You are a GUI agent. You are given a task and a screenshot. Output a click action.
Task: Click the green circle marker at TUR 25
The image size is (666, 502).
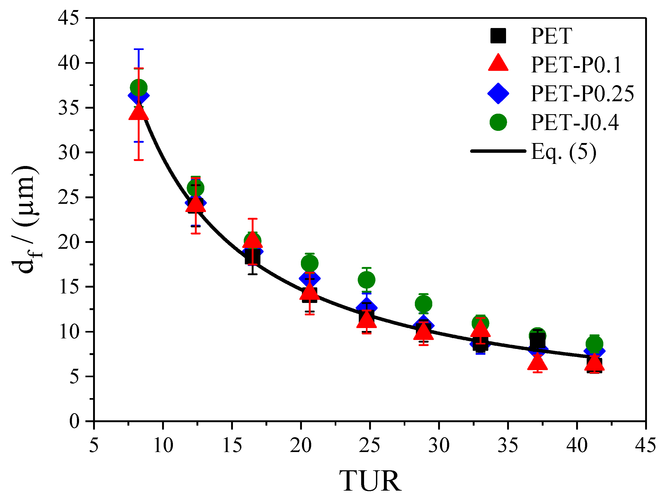(366, 280)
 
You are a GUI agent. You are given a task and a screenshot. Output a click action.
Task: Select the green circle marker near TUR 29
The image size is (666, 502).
(423, 304)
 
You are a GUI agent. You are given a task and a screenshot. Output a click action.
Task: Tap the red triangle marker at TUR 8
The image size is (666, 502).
(139, 112)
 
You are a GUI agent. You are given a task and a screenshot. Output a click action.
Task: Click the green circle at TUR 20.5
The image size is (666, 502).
(310, 264)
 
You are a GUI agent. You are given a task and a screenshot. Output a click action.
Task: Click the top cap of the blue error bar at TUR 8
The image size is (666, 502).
(139, 49)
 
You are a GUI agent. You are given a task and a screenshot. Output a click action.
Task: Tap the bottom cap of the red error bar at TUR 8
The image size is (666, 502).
(139, 160)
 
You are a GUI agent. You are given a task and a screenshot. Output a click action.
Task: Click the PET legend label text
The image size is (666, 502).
(551, 36)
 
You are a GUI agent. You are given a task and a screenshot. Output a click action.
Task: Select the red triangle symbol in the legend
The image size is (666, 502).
(498, 63)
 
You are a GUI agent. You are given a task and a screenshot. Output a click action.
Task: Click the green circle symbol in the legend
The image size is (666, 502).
(498, 122)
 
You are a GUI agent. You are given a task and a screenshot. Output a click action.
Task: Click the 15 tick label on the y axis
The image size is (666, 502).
(69, 287)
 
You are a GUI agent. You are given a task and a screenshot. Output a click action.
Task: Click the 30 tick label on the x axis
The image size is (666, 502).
(439, 445)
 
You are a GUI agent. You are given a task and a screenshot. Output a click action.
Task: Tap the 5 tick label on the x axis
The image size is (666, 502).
(94, 445)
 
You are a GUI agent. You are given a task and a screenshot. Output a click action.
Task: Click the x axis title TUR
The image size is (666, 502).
(370, 481)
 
